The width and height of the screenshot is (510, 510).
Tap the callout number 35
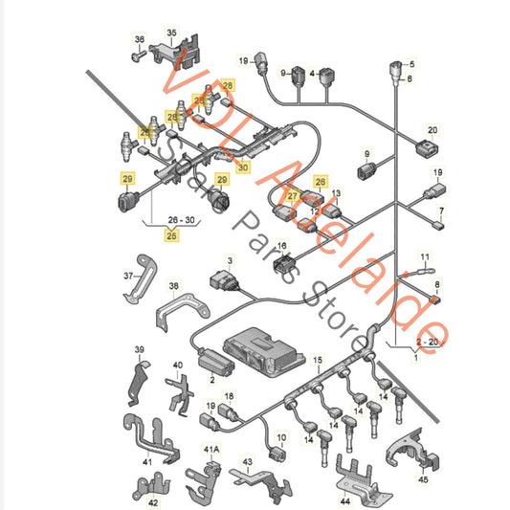click(172, 33)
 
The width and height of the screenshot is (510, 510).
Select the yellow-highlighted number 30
click(243, 167)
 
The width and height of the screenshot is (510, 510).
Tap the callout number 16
click(282, 245)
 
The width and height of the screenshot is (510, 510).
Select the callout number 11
click(426, 257)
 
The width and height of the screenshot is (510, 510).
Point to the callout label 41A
click(211, 450)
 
